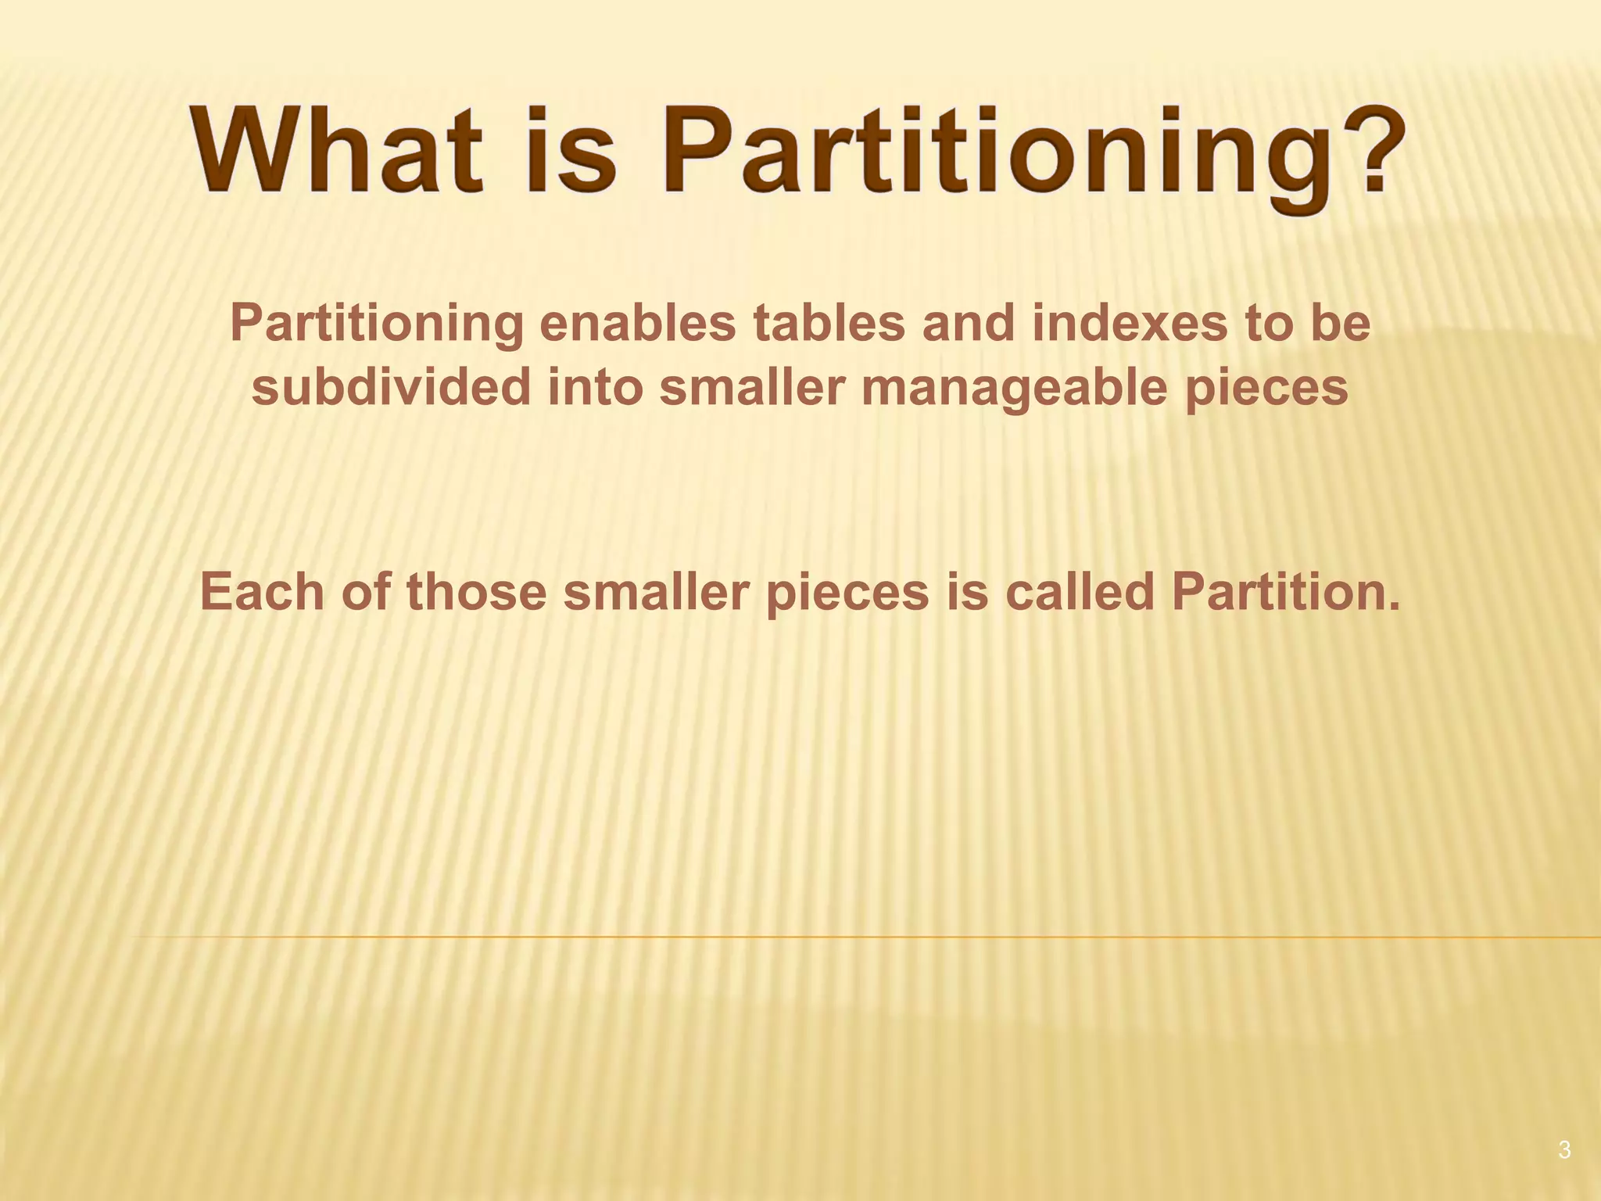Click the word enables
pos(638,324)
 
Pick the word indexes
pos(1130,324)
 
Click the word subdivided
pos(392,387)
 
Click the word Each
pos(262,592)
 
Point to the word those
pos(477,592)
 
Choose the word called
pos(1080,592)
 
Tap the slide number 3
pos(1564,1150)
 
